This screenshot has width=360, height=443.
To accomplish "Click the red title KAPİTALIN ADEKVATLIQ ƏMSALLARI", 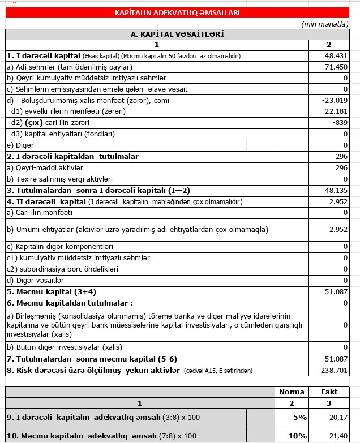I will [x=177, y=12].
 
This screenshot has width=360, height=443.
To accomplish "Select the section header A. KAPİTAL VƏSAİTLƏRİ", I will [x=177, y=35].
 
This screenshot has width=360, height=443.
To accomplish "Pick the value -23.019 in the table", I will [x=335, y=100].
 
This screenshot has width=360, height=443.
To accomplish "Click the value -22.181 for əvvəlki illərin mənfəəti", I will [x=335, y=111].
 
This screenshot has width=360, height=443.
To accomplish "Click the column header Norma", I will [x=292, y=392].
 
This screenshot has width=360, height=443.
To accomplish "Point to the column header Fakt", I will [x=329, y=392].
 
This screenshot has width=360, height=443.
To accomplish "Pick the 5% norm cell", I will [x=298, y=417].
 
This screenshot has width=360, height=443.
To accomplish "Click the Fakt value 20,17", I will [x=337, y=417].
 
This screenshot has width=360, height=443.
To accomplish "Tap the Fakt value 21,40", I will [x=337, y=436].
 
